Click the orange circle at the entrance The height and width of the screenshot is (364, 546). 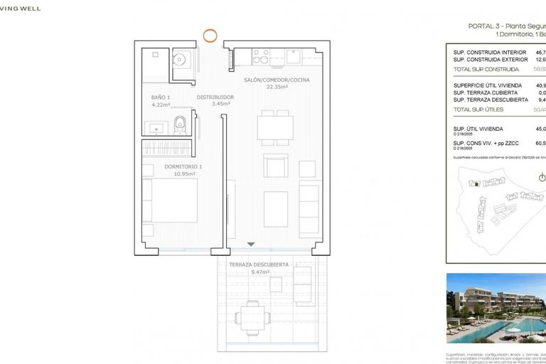210,34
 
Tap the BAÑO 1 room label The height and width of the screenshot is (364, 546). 161,97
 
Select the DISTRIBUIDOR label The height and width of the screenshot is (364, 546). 215,97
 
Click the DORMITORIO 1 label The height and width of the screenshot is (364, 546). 183,166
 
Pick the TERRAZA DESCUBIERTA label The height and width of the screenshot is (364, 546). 259,264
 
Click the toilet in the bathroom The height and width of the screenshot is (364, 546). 181,124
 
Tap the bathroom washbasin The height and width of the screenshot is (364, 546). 156,128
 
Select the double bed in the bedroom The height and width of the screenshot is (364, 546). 171,202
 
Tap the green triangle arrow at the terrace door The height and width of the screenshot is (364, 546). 250,244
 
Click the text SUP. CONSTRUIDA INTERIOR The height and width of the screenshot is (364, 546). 490,53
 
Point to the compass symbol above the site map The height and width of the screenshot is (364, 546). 542,177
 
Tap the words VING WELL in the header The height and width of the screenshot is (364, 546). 21,9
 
